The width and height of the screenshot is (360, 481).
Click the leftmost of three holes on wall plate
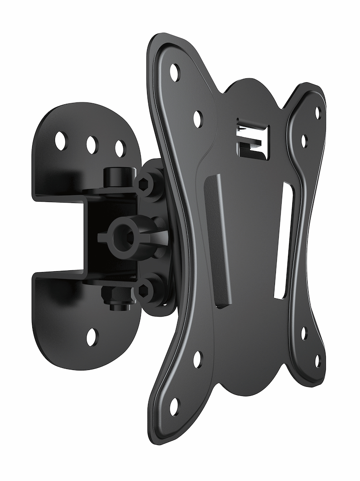coord(61,140)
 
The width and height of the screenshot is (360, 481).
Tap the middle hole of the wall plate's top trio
coord(92,144)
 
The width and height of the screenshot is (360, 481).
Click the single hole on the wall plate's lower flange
coord(92,337)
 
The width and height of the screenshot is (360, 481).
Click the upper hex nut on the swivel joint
coord(146,184)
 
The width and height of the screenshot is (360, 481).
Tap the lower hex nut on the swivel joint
coord(145,291)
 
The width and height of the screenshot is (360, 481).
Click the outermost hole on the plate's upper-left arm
coord(174,73)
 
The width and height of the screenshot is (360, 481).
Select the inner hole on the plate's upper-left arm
coord(198,118)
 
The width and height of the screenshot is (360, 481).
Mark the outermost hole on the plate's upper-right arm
coord(317,113)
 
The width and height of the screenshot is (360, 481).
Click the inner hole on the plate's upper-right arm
coord(304,140)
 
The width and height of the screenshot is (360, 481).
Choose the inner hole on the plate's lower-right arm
coord(304,333)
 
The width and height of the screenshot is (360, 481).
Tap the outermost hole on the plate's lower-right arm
coord(317,360)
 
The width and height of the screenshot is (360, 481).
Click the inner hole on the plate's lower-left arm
coord(197,359)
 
